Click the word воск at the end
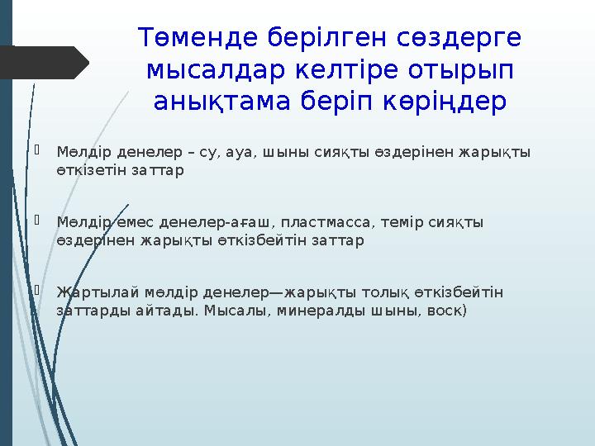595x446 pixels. point(447,311)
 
